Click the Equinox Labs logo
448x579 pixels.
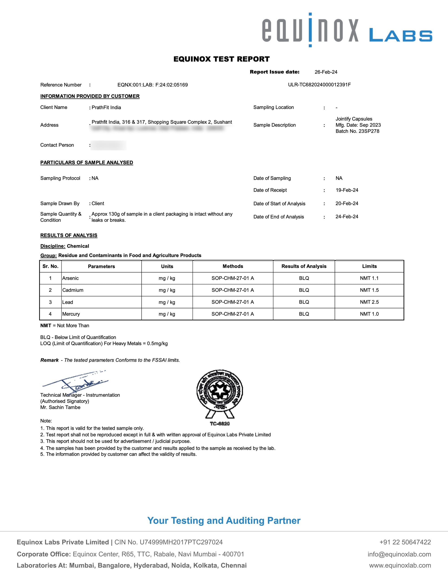[347, 30]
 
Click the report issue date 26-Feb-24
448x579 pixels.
[326, 72]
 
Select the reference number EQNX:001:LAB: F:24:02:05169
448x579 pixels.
[153, 85]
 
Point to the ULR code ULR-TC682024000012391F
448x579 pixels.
[319, 85]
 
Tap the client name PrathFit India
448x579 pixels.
[106, 107]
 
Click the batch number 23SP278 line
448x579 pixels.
[357, 131]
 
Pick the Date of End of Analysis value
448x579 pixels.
[347, 217]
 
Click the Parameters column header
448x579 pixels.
[101, 266]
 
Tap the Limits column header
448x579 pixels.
[369, 266]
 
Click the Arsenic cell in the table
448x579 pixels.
[71, 278]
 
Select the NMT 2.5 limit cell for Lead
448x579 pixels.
[369, 302]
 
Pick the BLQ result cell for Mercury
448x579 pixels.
[304, 314]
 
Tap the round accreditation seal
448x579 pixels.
[220, 391]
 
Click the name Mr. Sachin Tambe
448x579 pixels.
[60, 407]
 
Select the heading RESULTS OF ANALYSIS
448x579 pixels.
[69, 235]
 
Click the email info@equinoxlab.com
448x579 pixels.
[399, 554]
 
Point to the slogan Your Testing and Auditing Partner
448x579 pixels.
[224, 521]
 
